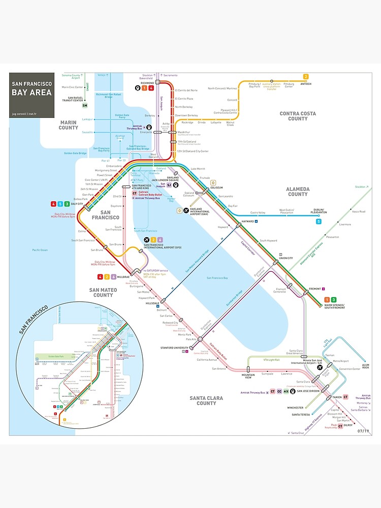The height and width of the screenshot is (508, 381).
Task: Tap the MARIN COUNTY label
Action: tap(68, 125)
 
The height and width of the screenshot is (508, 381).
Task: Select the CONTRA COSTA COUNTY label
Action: tap(298, 116)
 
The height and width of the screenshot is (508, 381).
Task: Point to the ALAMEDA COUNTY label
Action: tap(298, 191)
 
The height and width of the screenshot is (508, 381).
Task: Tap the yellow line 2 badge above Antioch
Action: tap(306, 77)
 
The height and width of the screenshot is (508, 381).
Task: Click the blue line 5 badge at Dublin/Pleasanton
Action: tap(319, 221)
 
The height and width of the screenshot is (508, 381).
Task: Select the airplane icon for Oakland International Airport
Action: tap(186, 210)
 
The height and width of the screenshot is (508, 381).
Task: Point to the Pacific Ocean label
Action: tap(39, 249)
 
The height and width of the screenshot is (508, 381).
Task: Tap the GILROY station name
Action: tap(348, 425)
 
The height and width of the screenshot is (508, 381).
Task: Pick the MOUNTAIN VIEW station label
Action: tap(248, 376)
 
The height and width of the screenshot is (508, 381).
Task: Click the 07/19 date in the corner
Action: tap(363, 431)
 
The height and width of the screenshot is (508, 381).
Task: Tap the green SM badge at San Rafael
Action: tap(85, 106)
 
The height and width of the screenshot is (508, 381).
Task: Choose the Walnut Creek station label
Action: tap(230, 123)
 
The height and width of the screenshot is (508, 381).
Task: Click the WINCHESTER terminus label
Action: tap(295, 407)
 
